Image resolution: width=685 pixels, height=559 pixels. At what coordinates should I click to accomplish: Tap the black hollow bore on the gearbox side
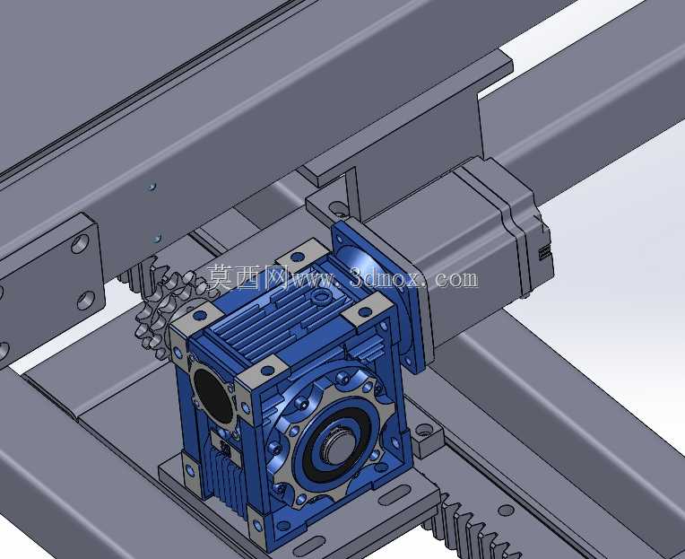(x=213, y=396)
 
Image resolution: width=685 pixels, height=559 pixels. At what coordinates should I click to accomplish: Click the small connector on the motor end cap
(x=545, y=253)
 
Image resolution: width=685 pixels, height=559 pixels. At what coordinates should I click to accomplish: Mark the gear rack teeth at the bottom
(x=472, y=528)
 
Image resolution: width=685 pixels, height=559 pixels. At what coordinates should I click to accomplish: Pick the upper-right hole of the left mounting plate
(x=80, y=244)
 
